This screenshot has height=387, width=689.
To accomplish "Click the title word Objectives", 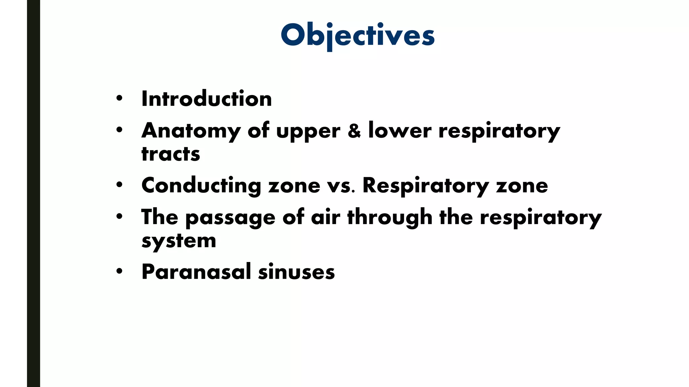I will tap(358, 36).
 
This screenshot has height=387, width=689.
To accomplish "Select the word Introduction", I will tap(207, 99).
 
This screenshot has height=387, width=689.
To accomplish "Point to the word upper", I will tap(308, 132).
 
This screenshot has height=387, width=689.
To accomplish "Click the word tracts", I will tap(171, 154).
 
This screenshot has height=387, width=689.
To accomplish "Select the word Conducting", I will tap(201, 185).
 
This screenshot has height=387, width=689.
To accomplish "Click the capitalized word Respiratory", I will tap(426, 185).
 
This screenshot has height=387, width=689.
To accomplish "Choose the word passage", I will tap(230, 218).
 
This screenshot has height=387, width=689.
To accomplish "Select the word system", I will tap(179, 241).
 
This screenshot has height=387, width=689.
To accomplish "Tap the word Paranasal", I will tap(196, 272).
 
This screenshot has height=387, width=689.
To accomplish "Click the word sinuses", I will tap(296, 272).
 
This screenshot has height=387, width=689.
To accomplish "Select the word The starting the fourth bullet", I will tap(159, 217).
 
